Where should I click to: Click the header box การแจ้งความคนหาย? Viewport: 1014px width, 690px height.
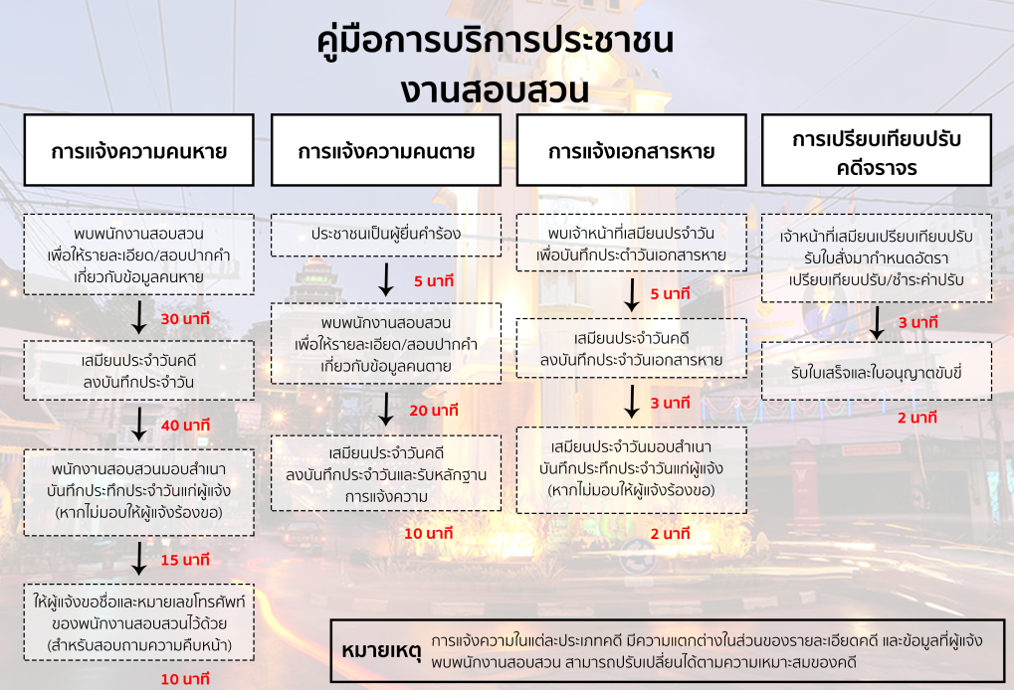pyautogui.click(x=139, y=150)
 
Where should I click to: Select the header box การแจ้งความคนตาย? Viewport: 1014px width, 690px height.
pyautogui.click(x=386, y=150)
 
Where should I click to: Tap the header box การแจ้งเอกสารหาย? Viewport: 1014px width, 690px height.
pyautogui.click(x=631, y=150)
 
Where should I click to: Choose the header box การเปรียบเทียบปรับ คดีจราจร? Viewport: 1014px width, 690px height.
pyautogui.click(x=877, y=150)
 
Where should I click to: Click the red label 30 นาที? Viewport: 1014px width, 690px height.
pyautogui.click(x=185, y=318)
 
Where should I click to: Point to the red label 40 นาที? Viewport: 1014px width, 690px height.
pyautogui.click(x=185, y=426)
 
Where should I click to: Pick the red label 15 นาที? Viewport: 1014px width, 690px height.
pyautogui.click(x=185, y=560)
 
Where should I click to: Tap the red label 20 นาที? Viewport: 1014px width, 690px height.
pyautogui.click(x=433, y=411)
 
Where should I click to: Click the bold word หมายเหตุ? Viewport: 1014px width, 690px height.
pyautogui.click(x=381, y=650)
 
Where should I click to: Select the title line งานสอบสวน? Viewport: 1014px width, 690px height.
pyautogui.click(x=495, y=89)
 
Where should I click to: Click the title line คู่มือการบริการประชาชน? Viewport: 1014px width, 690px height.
pyautogui.click(x=495, y=40)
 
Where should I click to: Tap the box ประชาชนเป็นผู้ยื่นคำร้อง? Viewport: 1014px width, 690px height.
pyautogui.click(x=386, y=235)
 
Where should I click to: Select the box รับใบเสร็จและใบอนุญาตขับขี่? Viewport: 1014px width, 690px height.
pyautogui.click(x=877, y=372)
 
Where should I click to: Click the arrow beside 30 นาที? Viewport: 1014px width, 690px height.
pyautogui.click(x=139, y=317)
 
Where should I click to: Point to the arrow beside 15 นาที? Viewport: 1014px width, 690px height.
pyautogui.click(x=139, y=558)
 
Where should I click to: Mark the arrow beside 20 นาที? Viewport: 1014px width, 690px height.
pyautogui.click(x=386, y=409)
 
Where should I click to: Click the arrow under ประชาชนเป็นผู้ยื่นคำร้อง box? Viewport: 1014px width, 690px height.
pyautogui.click(x=386, y=279)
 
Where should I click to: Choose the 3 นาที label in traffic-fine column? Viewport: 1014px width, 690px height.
pyautogui.click(x=917, y=322)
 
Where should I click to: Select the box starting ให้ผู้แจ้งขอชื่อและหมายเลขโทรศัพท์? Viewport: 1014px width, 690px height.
pyautogui.click(x=139, y=622)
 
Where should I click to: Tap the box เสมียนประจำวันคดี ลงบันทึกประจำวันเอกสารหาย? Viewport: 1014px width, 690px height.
pyautogui.click(x=631, y=348)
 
